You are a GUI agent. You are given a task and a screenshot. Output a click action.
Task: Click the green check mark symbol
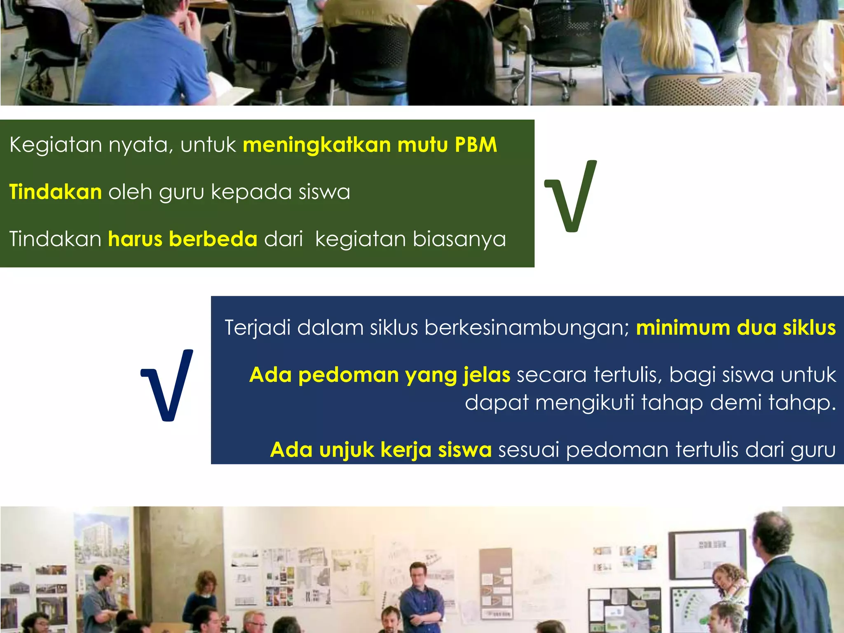point(571,196)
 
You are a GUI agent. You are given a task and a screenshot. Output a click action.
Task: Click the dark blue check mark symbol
point(167,385)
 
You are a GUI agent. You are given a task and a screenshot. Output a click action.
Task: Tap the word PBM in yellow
point(476,145)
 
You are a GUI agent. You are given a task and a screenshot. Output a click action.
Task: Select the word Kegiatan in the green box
point(56,145)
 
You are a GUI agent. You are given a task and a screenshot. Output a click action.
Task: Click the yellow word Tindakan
point(56,192)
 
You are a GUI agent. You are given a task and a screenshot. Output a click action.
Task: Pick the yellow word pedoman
point(349,375)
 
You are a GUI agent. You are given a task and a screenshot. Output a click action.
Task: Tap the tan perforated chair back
point(701,89)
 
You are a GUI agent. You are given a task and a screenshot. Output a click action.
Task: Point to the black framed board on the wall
point(706,554)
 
